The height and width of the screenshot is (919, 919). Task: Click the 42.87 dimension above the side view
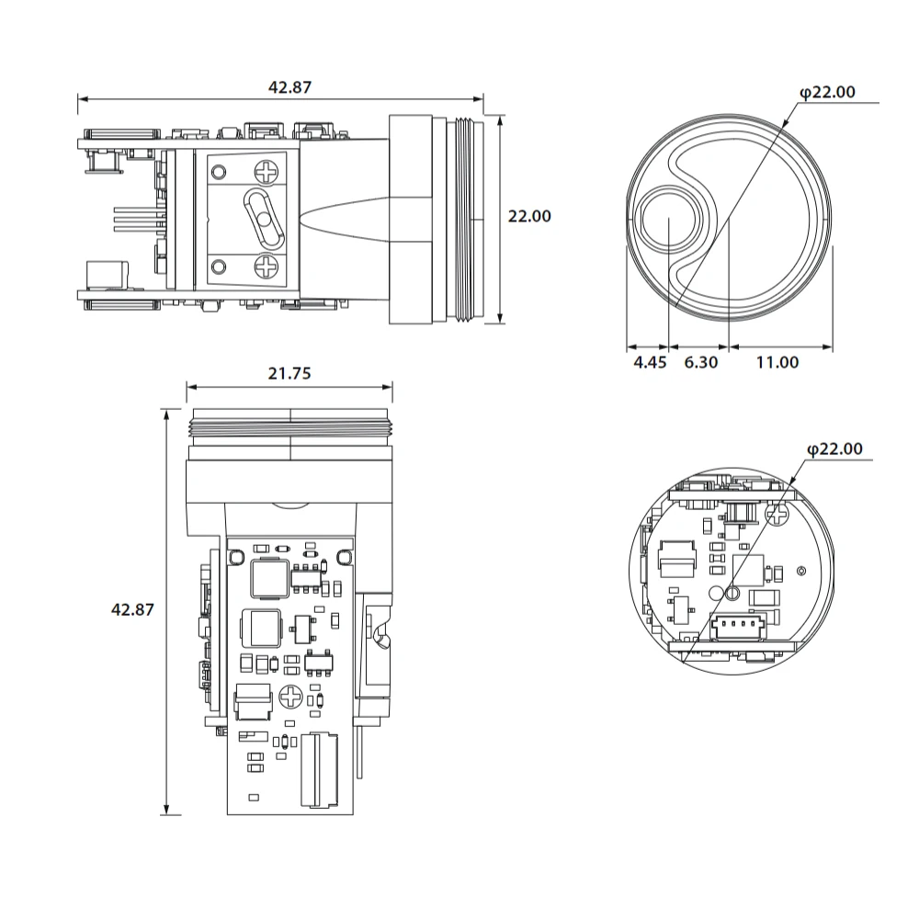[289, 87]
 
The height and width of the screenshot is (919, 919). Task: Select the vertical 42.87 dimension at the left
[131, 608]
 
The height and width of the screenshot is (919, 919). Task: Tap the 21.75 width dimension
[289, 373]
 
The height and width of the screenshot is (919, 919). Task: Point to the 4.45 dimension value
[650, 362]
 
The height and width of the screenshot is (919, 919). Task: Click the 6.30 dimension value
[700, 362]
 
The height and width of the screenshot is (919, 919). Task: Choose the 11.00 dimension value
[777, 362]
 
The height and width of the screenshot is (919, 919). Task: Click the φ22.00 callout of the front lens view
[827, 92]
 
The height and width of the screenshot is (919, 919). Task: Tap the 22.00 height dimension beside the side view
[529, 216]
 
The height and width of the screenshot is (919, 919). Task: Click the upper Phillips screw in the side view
[267, 172]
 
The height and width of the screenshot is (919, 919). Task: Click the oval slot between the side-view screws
[261, 219]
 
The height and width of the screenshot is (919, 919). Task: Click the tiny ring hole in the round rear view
[802, 572]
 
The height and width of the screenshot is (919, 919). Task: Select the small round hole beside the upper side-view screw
[219, 171]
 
